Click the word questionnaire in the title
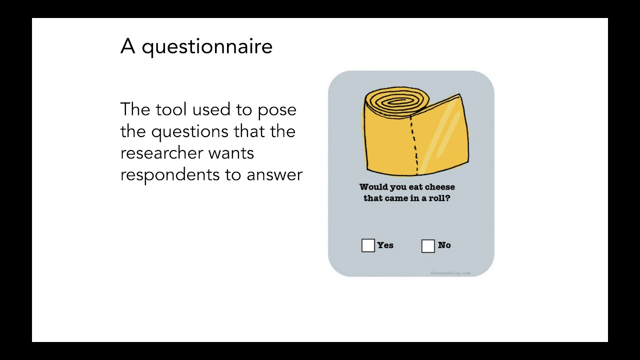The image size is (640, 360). point(207,47)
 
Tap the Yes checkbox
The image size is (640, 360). point(368,245)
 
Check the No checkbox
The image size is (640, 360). point(428,245)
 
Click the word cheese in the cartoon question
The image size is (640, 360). point(439,187)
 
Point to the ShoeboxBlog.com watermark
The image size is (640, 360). point(450,273)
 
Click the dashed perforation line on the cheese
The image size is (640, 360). point(414,145)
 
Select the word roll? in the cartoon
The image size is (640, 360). point(439,198)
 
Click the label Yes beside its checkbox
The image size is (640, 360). point(385,245)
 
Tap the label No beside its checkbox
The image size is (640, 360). point(444,245)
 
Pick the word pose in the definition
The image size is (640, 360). point(277,110)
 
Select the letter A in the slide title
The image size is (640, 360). point(127,46)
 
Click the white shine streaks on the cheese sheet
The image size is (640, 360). point(443,132)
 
